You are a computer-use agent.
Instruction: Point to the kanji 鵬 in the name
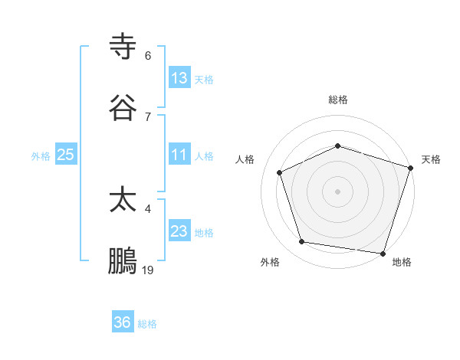123,261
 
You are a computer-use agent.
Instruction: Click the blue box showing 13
179,78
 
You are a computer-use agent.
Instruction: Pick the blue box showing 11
179,155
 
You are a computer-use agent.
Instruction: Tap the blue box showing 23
179,231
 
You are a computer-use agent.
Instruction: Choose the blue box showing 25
66,155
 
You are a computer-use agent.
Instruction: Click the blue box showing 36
123,322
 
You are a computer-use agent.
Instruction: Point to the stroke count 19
148,270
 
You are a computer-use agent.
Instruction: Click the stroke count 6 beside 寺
148,56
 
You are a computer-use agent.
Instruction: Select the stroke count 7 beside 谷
148,116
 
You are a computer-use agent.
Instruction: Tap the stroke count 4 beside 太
148,208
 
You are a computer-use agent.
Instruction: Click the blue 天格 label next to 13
204,79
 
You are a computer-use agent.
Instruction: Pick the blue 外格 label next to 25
41,156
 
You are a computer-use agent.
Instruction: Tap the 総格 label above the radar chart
338,100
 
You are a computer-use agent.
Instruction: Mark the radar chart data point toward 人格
280,172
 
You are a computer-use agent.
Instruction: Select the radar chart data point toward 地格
382,252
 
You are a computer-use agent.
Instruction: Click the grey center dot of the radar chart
338,191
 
